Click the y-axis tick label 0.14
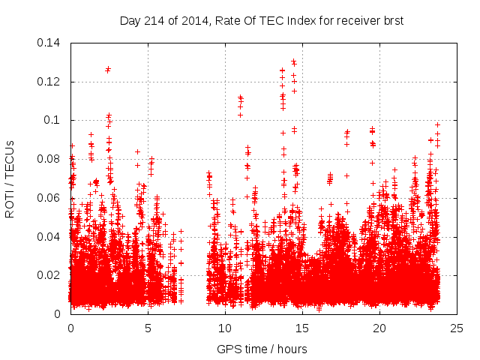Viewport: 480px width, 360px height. [x=49, y=43]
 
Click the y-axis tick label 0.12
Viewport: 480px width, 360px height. [x=49, y=82]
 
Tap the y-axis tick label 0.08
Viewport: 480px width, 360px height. [x=49, y=159]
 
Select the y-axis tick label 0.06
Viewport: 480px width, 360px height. [x=49, y=198]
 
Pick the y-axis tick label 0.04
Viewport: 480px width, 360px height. [x=49, y=237]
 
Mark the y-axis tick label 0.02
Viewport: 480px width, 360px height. [x=49, y=275]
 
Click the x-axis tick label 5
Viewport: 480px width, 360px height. [x=148, y=328]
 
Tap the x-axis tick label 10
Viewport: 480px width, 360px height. [x=225, y=328]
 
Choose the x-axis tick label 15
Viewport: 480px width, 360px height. [x=302, y=328]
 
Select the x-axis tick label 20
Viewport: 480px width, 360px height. [x=379, y=328]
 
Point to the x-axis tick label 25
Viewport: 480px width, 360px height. [x=457, y=328]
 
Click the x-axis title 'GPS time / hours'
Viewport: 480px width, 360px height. [x=262, y=349]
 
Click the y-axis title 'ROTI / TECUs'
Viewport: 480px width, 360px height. [x=10, y=178]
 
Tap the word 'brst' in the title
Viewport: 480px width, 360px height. [x=392, y=20]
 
